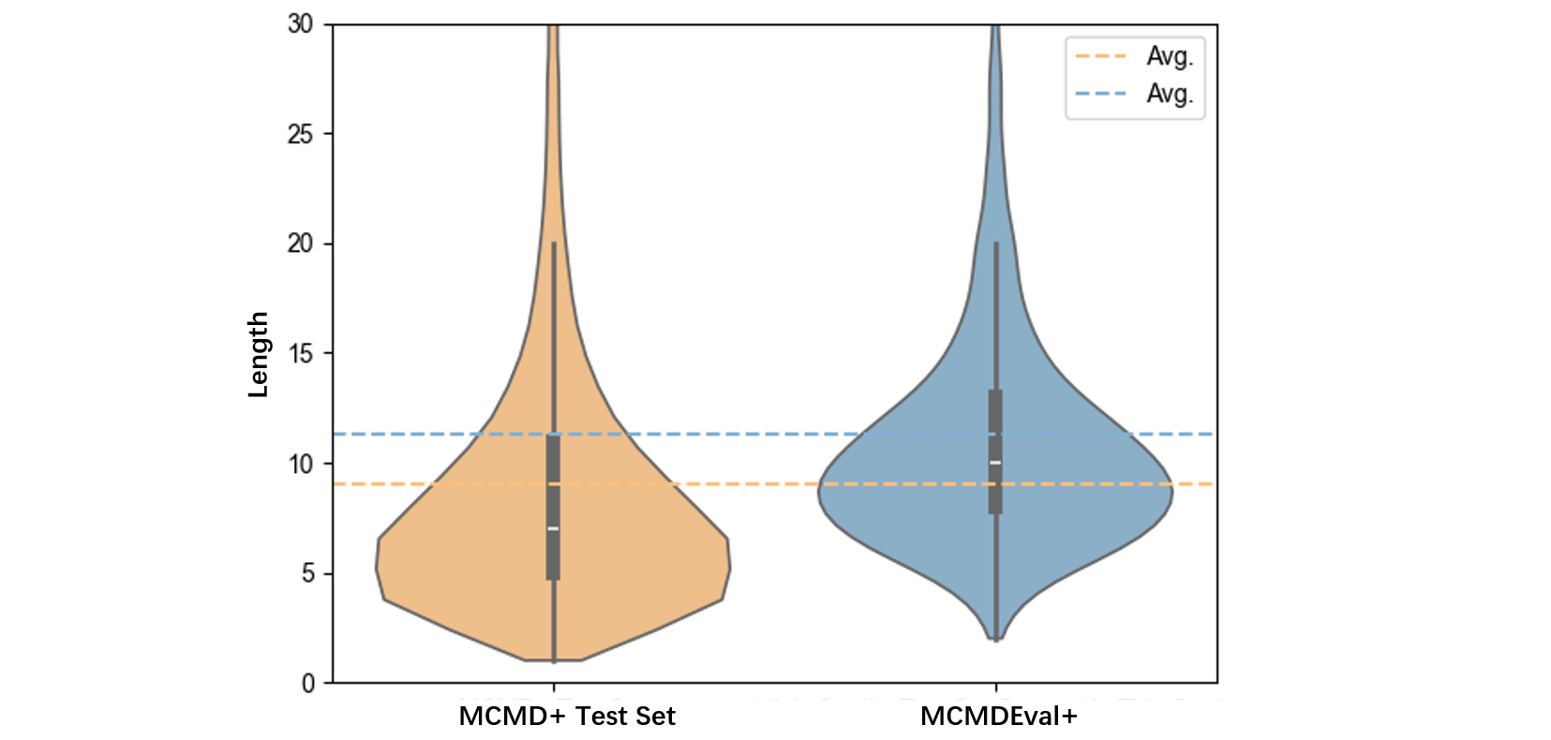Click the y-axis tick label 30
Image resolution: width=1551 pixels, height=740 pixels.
point(301,24)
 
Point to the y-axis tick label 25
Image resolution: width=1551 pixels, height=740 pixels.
point(301,135)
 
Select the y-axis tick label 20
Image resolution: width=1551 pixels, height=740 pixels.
point(301,244)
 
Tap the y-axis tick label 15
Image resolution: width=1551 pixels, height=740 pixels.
point(301,354)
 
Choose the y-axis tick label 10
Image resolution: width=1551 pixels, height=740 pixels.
point(301,464)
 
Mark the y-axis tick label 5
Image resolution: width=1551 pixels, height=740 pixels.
point(308,573)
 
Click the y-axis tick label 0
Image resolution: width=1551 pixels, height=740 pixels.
point(308,684)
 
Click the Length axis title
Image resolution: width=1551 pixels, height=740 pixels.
point(258,354)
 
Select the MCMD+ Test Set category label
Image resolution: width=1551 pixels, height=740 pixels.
point(567,717)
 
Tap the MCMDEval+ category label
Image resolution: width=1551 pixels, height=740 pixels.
point(999,717)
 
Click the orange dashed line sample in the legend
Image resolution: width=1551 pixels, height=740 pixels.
point(1100,56)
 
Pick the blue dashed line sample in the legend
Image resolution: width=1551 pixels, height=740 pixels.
point(1100,94)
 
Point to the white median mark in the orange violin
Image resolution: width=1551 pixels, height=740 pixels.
point(553,528)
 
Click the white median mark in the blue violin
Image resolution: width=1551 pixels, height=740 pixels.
point(995,463)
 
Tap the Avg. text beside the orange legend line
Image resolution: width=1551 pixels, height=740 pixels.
point(1170,56)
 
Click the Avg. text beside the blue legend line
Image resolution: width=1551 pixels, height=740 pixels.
point(1170,94)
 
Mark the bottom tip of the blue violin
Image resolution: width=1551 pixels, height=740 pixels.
point(996,639)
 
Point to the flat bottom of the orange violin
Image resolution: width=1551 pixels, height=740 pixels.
point(553,659)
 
